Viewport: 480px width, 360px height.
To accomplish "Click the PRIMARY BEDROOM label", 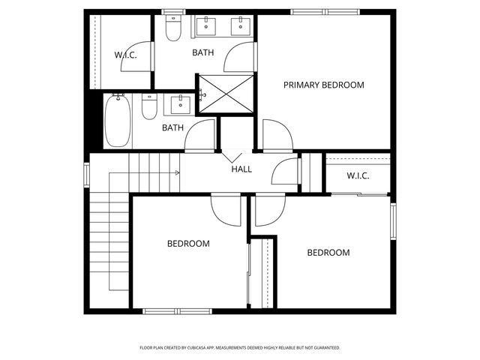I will [x=323, y=85].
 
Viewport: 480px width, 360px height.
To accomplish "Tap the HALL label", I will [x=241, y=169].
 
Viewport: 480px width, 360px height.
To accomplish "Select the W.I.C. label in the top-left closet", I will [x=124, y=55].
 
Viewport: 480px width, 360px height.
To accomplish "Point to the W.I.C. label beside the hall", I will [x=358, y=175].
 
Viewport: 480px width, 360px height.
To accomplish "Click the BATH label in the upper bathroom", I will [x=202, y=52].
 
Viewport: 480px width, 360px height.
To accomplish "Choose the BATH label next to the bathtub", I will [x=173, y=127].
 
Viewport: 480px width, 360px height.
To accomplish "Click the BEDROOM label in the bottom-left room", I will [x=188, y=244].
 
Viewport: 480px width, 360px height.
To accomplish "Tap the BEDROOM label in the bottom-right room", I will [x=328, y=253].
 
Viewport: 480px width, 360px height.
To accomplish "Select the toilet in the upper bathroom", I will [x=173, y=28].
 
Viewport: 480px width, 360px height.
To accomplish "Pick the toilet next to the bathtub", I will [x=149, y=108].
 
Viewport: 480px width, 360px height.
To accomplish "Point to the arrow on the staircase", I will [x=177, y=172].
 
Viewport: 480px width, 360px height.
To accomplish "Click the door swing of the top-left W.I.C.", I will [x=136, y=58].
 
